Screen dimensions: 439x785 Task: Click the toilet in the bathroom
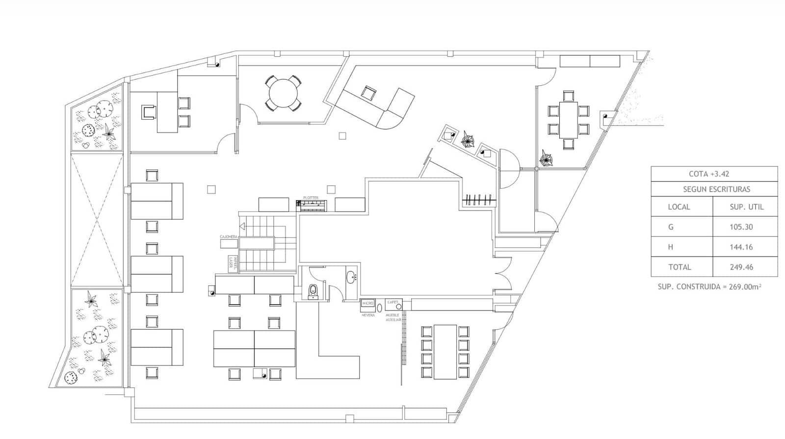(x=313, y=292)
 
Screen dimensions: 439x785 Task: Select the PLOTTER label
(x=311, y=198)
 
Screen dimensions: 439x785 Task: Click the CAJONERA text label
(x=229, y=237)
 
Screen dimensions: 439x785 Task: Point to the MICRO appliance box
(x=367, y=304)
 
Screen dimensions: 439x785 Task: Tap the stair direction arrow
(x=242, y=226)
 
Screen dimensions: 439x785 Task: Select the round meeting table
(x=283, y=92)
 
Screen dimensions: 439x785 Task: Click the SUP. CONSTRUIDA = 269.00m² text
(x=709, y=286)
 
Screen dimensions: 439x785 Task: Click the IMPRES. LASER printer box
(x=233, y=264)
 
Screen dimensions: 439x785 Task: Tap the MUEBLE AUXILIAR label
(x=393, y=317)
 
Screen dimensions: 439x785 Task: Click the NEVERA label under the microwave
(x=368, y=315)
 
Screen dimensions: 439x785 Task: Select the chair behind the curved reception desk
(x=368, y=92)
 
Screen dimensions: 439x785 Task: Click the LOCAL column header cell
(x=679, y=207)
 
